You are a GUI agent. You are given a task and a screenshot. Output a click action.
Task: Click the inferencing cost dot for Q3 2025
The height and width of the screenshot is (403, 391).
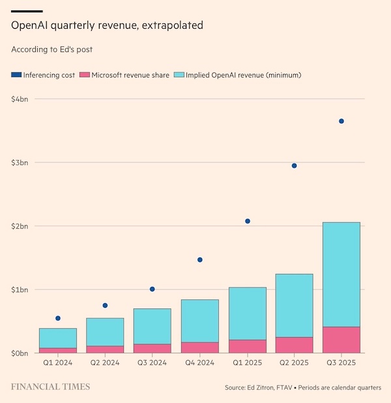click(x=341, y=121)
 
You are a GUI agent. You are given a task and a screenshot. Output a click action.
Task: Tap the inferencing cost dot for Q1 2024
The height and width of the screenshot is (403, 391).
click(x=58, y=318)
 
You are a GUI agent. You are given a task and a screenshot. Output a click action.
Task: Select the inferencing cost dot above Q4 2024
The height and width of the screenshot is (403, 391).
click(x=200, y=260)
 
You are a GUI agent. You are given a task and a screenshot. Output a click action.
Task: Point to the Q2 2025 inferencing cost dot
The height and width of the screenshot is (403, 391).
click(x=294, y=166)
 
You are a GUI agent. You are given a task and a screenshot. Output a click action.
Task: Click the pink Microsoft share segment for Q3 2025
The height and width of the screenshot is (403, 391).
click(x=341, y=340)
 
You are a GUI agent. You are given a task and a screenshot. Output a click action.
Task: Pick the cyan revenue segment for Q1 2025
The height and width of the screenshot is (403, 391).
click(x=247, y=314)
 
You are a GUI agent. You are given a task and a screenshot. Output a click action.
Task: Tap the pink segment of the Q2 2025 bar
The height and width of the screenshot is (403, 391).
click(x=294, y=345)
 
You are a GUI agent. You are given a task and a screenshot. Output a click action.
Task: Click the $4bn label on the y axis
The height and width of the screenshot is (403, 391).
click(x=20, y=99)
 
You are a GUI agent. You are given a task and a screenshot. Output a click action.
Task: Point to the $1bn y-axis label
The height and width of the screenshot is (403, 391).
click(x=20, y=290)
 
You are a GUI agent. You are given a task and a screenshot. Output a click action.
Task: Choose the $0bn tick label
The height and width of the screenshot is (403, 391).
click(x=20, y=353)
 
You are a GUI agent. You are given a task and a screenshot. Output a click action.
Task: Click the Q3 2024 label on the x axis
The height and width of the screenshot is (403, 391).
click(x=152, y=363)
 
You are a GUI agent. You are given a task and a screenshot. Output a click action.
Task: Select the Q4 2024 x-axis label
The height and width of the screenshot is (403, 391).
click(x=200, y=363)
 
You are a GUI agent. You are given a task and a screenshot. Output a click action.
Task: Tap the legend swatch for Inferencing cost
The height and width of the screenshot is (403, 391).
click(x=16, y=75)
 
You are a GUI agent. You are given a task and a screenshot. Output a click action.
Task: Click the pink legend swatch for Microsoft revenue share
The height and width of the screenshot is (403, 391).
click(x=83, y=75)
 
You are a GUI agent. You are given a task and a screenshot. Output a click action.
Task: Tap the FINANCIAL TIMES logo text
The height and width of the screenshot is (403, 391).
click(x=50, y=387)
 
